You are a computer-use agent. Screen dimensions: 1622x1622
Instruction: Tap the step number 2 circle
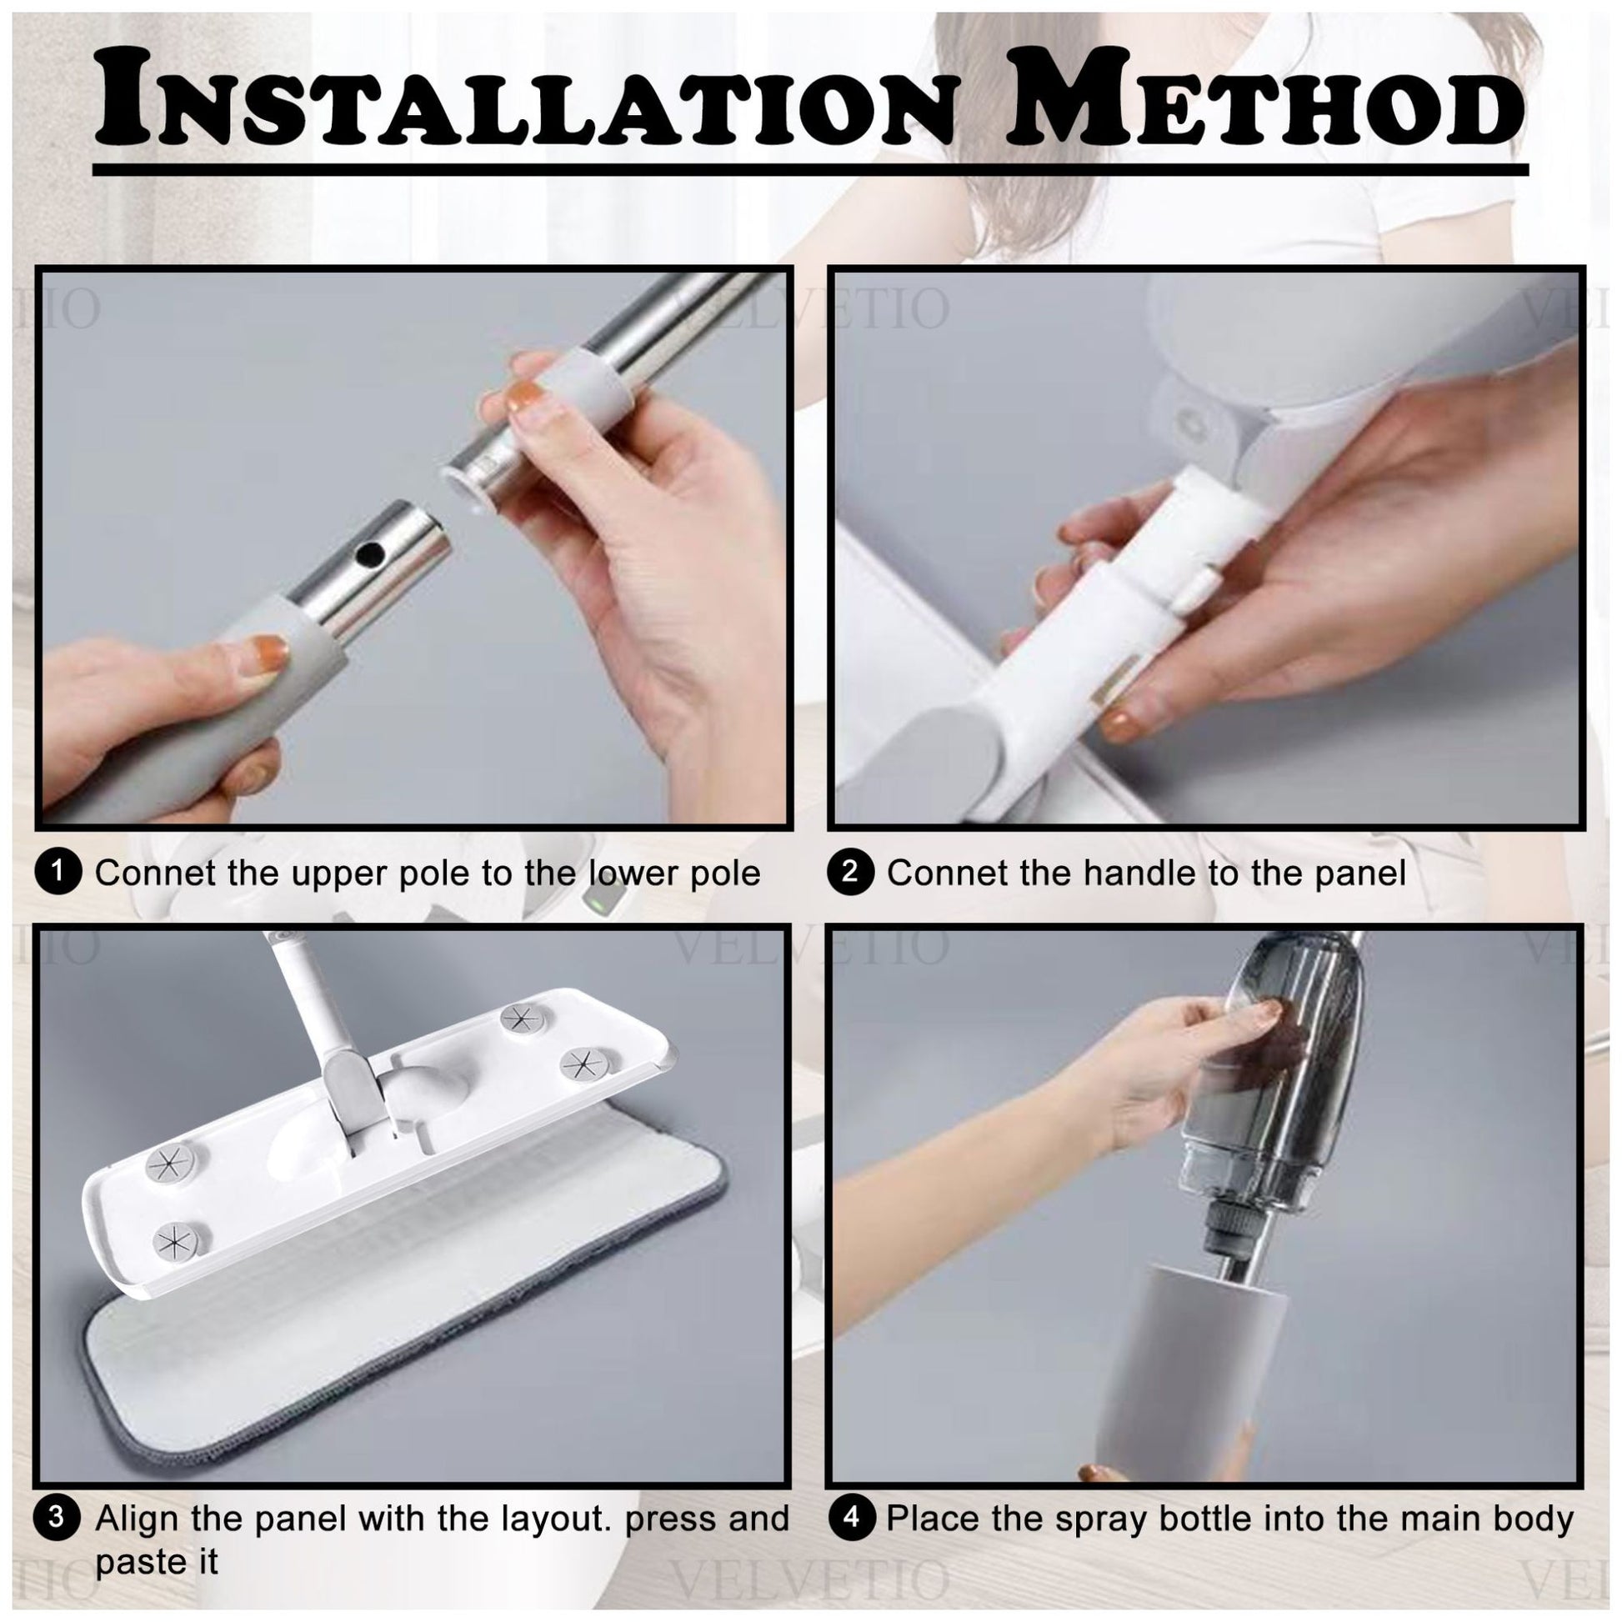point(849,873)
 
